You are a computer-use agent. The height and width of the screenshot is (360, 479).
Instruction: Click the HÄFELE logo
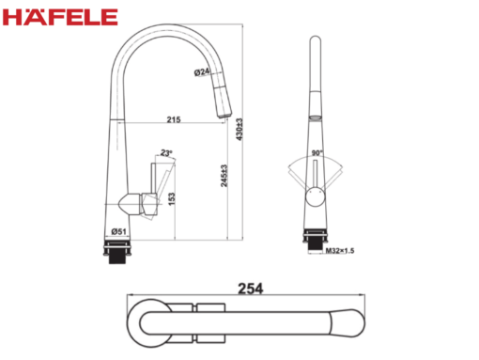(60, 17)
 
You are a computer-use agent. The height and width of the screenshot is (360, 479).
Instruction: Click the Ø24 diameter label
(202, 72)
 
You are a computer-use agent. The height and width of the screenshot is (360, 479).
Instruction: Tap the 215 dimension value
(174, 119)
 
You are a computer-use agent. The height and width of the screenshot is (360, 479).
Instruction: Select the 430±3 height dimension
(239, 129)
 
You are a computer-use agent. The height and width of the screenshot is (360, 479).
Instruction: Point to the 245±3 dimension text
(224, 176)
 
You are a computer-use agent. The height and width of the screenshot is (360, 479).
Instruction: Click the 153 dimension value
(172, 199)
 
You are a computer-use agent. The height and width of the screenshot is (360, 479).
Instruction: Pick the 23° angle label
(166, 153)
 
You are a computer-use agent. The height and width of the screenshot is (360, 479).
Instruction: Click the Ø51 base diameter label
(118, 231)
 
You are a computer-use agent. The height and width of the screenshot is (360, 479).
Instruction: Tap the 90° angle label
(317, 153)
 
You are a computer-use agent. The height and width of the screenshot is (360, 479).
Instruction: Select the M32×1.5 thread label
(340, 251)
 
